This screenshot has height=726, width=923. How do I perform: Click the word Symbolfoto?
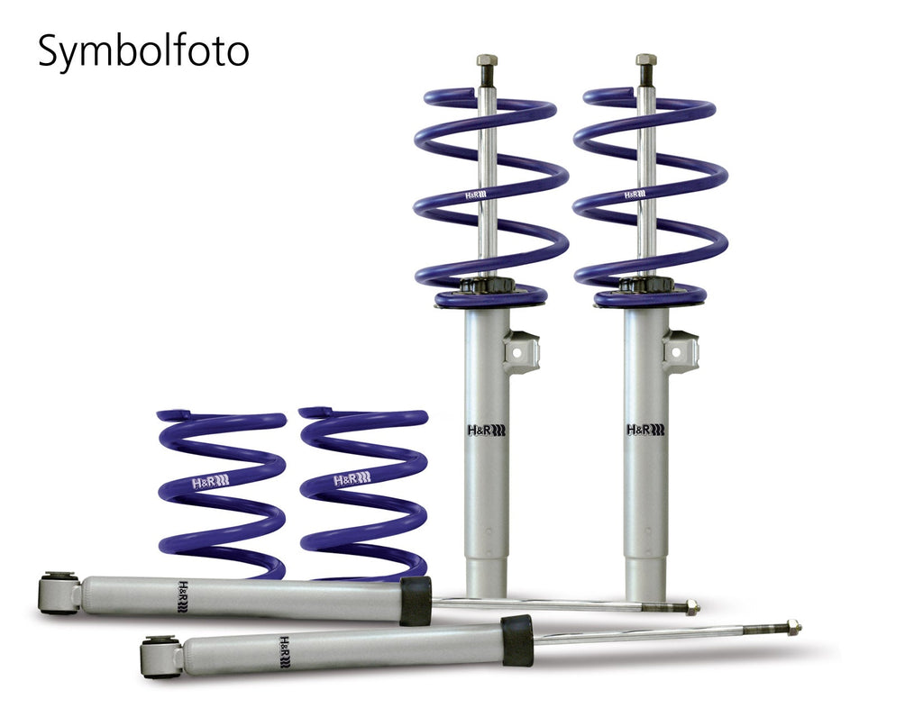(x=143, y=51)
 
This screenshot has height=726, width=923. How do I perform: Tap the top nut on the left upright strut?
(x=487, y=60)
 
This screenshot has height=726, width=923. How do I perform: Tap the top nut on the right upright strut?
(x=645, y=60)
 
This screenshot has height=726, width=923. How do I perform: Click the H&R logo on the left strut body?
(x=487, y=430)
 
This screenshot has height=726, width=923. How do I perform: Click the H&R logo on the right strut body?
(x=645, y=430)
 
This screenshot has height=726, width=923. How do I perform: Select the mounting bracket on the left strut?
(x=521, y=351)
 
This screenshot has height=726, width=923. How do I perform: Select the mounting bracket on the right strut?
(x=681, y=351)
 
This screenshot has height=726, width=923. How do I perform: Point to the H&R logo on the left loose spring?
(x=210, y=483)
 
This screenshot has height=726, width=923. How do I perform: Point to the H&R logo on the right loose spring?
(x=352, y=480)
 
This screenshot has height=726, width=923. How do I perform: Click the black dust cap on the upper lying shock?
(x=416, y=601)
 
